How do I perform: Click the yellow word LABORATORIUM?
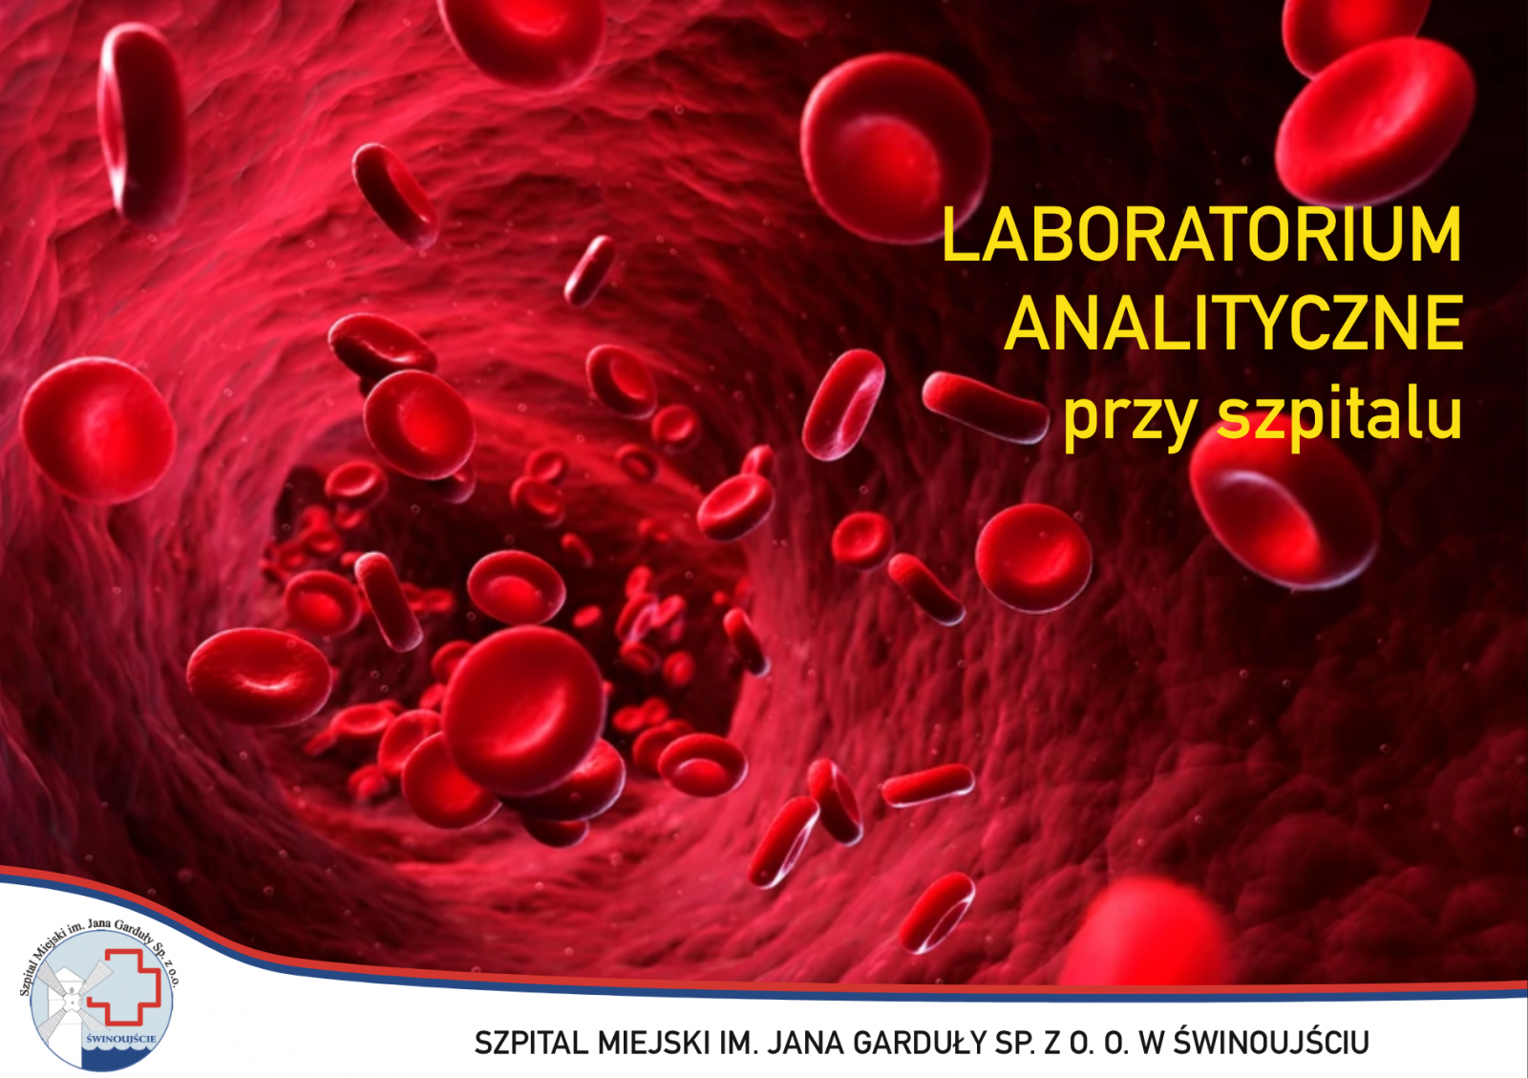tap(1202, 235)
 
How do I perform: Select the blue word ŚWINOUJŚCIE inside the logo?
tap(122, 1039)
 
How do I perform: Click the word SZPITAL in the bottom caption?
tap(531, 1044)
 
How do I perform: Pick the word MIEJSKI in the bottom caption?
tap(652, 1044)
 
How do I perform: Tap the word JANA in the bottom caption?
tap(805, 1044)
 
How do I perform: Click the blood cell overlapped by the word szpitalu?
tap(1284, 503)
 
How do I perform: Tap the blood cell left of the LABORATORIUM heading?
tap(895, 147)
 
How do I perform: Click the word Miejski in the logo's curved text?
tap(52, 945)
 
